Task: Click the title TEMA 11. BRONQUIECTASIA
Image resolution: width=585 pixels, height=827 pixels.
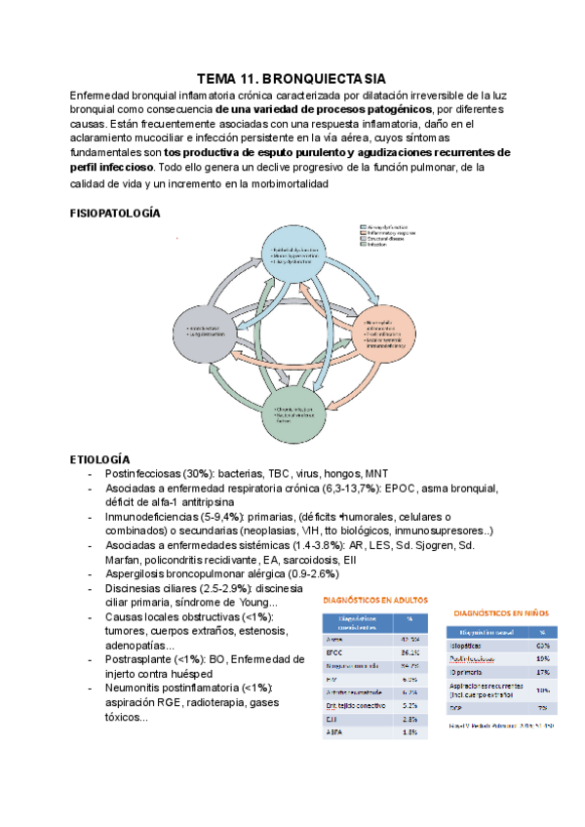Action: pyautogui.click(x=292, y=77)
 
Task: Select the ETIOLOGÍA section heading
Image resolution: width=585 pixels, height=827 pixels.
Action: pyautogui.click(x=102, y=458)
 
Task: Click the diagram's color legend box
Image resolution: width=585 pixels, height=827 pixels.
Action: pyautogui.click(x=389, y=237)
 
